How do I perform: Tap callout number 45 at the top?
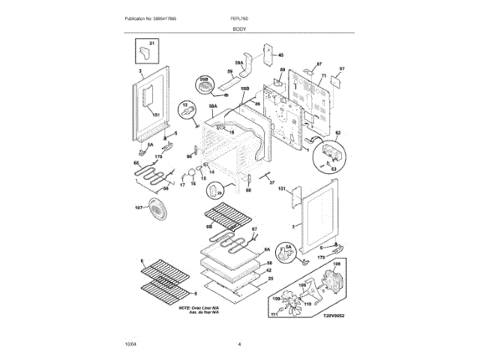(x=281, y=55)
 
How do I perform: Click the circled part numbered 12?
(x=187, y=112)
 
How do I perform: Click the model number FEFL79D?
(x=239, y=18)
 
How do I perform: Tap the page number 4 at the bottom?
(x=239, y=344)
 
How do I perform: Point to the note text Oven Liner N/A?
(x=199, y=307)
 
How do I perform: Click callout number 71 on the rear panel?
(x=323, y=77)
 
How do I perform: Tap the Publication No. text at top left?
(x=149, y=18)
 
